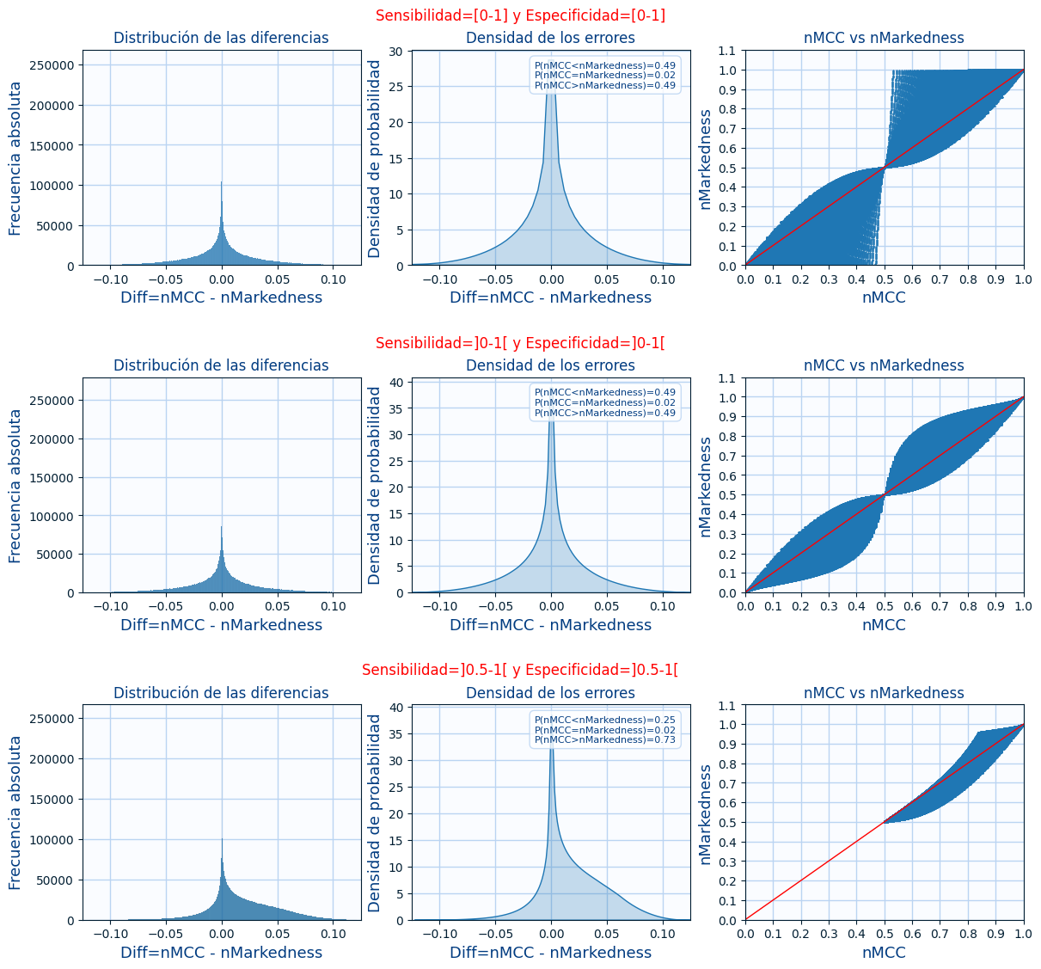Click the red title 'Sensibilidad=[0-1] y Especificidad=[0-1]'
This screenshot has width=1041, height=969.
[x=520, y=15]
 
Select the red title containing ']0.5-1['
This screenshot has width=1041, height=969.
[x=520, y=670]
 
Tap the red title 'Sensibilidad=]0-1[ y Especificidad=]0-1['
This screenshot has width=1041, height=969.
[x=520, y=343]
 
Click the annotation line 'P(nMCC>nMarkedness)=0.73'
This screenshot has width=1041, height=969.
[x=605, y=739]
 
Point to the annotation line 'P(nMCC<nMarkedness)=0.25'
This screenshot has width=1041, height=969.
[x=605, y=719]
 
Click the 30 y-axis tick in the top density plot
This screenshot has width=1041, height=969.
[x=396, y=52]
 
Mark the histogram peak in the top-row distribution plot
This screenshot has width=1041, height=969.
[x=222, y=182]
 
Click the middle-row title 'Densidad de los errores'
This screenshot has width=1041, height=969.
[x=550, y=365]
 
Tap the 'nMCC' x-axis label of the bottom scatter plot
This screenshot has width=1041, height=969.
[x=884, y=953]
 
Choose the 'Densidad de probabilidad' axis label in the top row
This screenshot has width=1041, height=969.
[x=375, y=158]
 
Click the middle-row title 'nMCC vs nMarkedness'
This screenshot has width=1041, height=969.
[x=884, y=365]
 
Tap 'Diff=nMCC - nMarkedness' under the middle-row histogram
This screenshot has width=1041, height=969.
[x=222, y=625]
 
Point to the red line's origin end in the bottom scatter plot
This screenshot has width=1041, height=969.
[x=746, y=919]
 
